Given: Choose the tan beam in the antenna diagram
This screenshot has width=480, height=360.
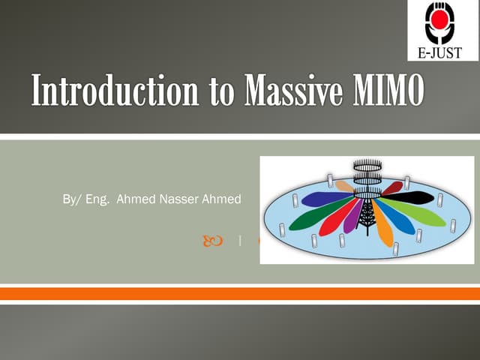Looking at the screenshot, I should (x=344, y=185).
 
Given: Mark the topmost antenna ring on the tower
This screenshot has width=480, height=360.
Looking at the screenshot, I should (x=367, y=164).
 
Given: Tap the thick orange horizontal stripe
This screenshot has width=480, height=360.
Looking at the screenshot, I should (x=240, y=293).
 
